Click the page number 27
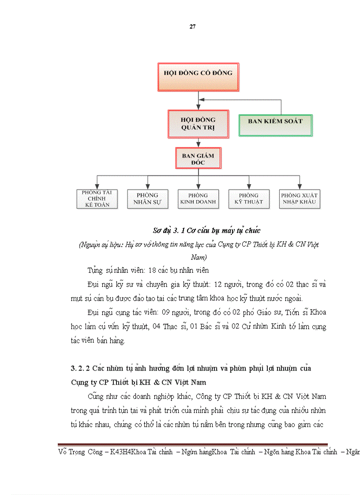[192, 26]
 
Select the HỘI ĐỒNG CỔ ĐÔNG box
[198, 78]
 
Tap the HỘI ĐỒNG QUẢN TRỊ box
[198, 123]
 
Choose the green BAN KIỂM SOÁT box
[275, 126]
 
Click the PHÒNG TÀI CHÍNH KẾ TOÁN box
[97, 198]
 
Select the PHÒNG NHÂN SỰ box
[147, 198]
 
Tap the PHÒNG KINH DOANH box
[198, 198]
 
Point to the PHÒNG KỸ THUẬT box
[249, 198]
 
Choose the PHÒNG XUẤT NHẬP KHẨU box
[300, 198]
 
